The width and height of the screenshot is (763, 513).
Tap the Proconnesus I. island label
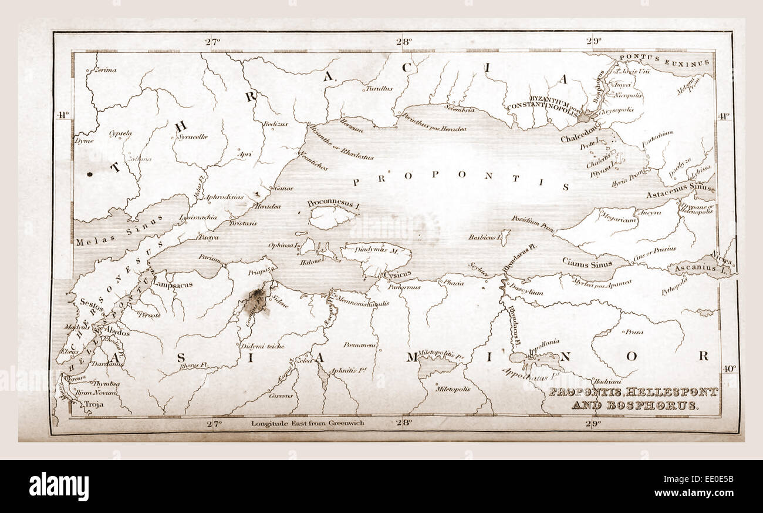tap(333, 204)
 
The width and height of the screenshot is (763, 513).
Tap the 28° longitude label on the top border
tap(403, 42)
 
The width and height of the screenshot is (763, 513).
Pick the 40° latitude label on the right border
tap(728, 368)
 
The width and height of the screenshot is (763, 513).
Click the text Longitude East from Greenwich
tap(308, 423)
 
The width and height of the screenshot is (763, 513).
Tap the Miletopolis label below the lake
tap(452, 389)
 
